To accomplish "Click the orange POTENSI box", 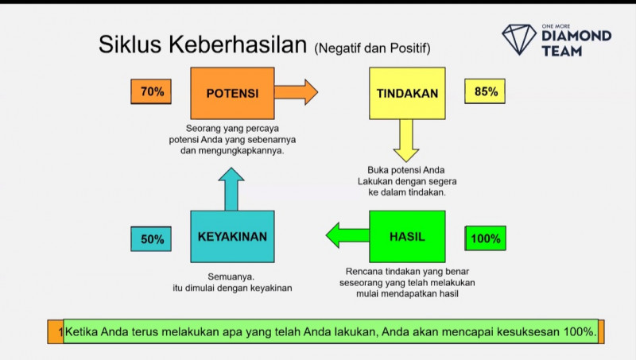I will tap(232, 93).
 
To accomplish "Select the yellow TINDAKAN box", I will tap(408, 93).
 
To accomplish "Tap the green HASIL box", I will tap(407, 237).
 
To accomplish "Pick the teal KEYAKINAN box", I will tap(232, 237).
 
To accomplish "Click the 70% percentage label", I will tap(151, 92).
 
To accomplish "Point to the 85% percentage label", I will tap(486, 92).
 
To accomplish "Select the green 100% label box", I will tap(486, 238).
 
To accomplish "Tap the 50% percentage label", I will tap(151, 238).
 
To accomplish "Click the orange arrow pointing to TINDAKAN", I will tap(296, 92).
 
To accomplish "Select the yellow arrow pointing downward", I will tap(407, 140).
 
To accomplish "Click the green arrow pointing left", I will tap(347, 234).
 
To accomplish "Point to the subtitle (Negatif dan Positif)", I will tap(373, 48).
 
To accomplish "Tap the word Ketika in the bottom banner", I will tap(82, 331).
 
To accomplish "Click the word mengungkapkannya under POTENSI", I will tap(232, 150).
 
